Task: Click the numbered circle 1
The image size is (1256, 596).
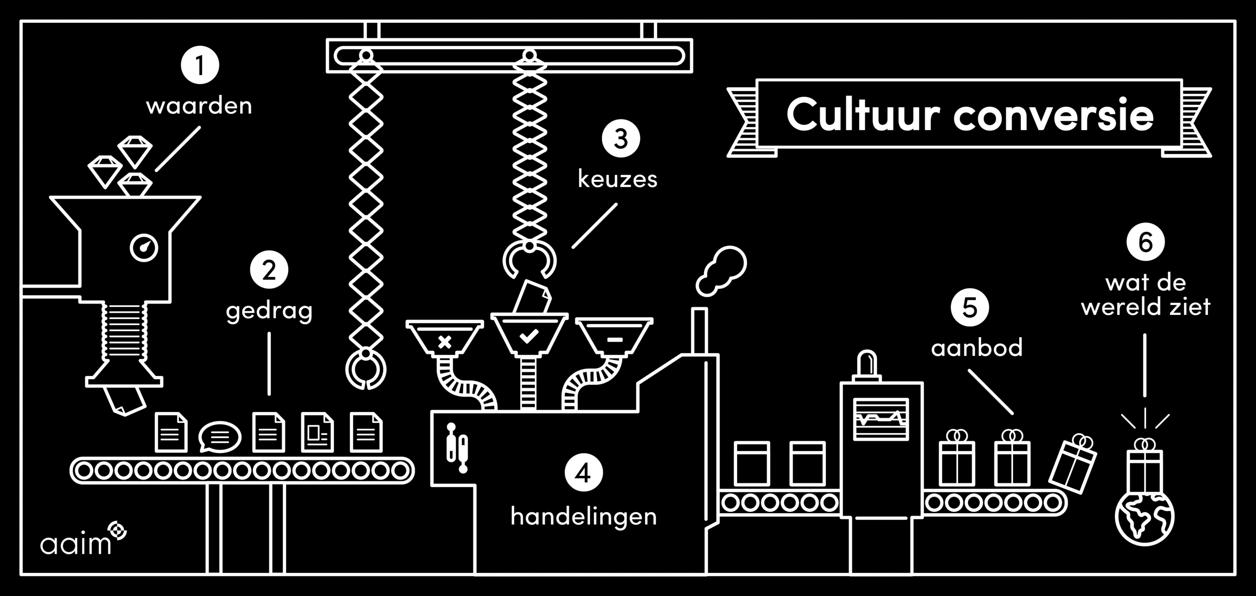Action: (x=200, y=65)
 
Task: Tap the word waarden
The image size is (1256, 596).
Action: (x=199, y=106)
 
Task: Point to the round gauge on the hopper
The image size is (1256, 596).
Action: (x=144, y=248)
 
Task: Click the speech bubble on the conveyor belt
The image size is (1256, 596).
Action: (x=220, y=436)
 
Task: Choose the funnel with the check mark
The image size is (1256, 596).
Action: (x=529, y=334)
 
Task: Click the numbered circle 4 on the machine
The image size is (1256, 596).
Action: (x=584, y=473)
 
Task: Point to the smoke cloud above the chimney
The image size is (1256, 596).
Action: (x=721, y=271)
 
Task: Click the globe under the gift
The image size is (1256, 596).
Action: (x=1145, y=518)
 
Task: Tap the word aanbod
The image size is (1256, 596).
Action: (x=976, y=348)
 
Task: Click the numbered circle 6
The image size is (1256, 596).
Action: (x=1145, y=242)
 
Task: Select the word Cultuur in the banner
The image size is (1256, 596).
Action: (x=863, y=115)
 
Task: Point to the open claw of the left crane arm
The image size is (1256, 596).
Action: (x=366, y=369)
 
